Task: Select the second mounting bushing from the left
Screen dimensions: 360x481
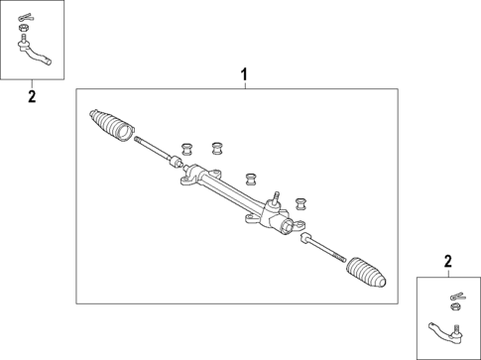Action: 216,148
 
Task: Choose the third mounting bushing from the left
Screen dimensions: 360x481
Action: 252,179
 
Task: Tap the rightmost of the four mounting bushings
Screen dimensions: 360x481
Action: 300,202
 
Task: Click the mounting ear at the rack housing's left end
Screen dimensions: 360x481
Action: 187,180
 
